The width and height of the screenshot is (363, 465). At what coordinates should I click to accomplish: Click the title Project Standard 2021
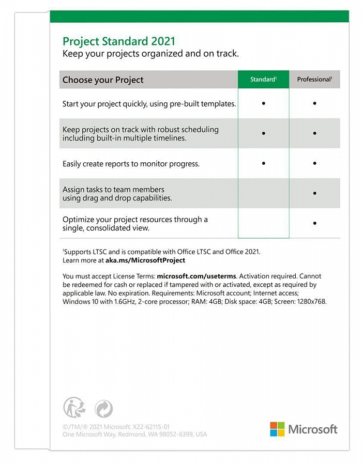pos(119,41)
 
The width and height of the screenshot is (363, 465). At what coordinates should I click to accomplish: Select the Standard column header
pos(263,80)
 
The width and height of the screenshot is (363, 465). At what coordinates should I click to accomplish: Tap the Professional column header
pos(314,80)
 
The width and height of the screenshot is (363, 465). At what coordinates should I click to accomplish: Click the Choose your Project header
pos(103,80)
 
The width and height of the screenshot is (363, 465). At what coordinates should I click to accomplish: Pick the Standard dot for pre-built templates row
pos(263,103)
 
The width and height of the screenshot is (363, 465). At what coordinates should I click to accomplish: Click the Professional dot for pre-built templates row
pos(314,103)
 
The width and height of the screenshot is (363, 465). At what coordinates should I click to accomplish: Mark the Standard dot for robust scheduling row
pos(263,133)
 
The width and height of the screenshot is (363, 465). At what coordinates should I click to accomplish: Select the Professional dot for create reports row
pos(314,163)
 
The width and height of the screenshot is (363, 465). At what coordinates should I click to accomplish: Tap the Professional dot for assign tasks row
pos(314,193)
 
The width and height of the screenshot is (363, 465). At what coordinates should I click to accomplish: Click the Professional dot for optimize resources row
pos(314,223)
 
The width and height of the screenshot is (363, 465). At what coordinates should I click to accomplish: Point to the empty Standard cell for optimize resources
pos(263,223)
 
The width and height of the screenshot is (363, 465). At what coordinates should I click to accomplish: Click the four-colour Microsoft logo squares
pos(277,429)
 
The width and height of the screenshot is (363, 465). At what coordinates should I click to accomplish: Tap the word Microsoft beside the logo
pos(312,429)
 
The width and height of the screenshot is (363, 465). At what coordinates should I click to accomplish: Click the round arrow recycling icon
pos(103,409)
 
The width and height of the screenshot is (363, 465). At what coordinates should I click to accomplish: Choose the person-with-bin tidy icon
pos(74,408)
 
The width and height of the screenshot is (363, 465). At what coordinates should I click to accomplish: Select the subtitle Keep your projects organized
pos(150,54)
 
